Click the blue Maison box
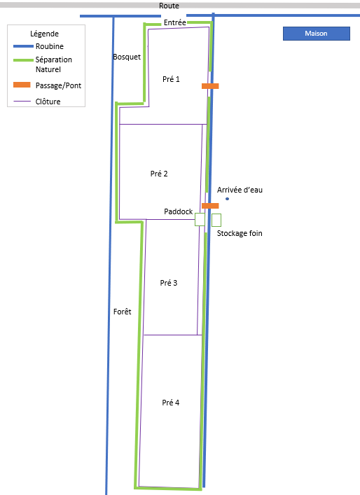(x=317, y=34)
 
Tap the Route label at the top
(x=169, y=6)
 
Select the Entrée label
(x=174, y=22)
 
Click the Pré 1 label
(x=171, y=79)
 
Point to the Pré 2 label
(x=159, y=174)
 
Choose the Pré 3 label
(x=169, y=283)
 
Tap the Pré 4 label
(x=170, y=403)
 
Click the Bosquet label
(x=127, y=57)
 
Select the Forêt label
(x=122, y=312)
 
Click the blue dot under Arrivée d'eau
(x=228, y=199)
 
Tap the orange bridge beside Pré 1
(x=210, y=86)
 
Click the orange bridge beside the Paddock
(x=210, y=206)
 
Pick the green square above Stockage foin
(x=216, y=220)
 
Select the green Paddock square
(x=200, y=219)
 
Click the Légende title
(x=45, y=34)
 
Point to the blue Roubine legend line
(x=23, y=46)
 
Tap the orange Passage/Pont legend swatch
(x=22, y=85)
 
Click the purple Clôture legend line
(x=22, y=102)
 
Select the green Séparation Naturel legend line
(x=23, y=60)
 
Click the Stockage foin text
(x=240, y=233)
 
